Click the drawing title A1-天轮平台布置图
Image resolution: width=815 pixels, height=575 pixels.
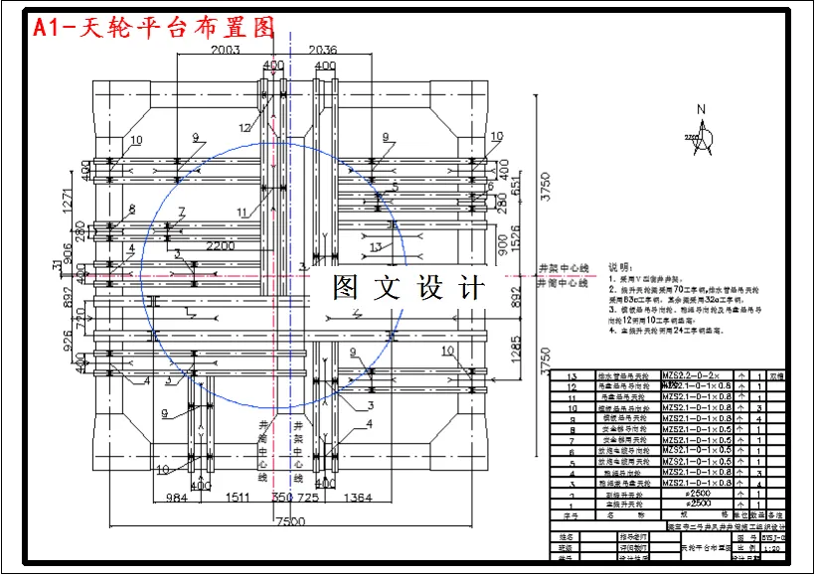[x=154, y=28]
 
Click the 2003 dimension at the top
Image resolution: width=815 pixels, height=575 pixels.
[x=226, y=50]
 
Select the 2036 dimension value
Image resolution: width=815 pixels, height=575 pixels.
[x=323, y=50]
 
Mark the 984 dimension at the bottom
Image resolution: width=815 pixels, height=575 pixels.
[x=177, y=496]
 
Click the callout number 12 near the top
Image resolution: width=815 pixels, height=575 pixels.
[x=245, y=127]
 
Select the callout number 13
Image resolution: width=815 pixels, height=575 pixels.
[x=375, y=247]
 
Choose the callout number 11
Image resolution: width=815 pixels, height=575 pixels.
[x=243, y=212]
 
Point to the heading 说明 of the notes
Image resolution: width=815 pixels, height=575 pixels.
[x=619, y=267]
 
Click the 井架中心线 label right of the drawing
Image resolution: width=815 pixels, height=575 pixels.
[x=564, y=268]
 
